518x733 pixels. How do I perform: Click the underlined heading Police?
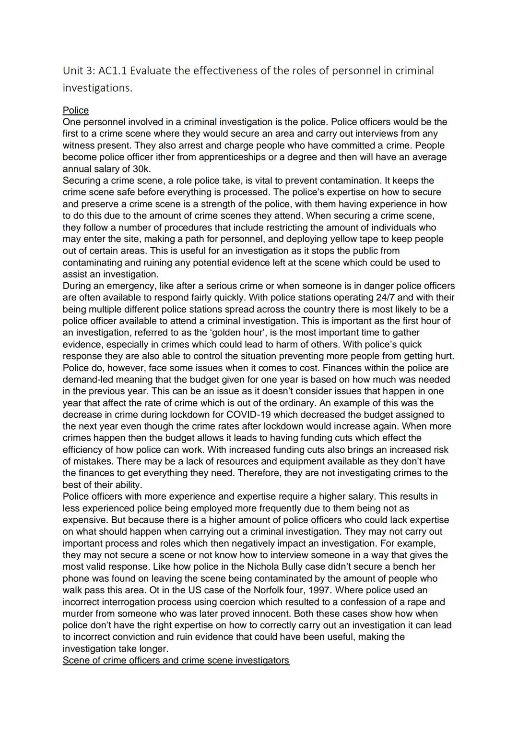click(76, 110)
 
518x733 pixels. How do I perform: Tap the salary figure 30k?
click(140, 169)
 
